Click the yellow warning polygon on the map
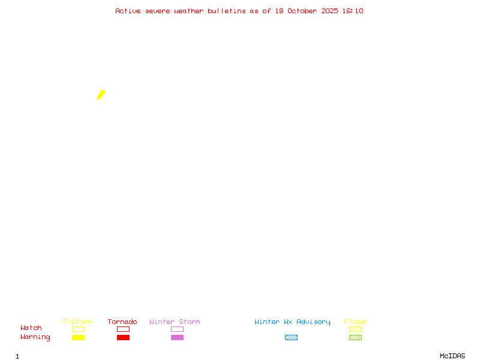(101, 94)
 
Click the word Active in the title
(128, 11)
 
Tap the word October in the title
(302, 11)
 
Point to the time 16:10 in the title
(353, 11)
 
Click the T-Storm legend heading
(77, 322)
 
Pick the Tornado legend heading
(122, 322)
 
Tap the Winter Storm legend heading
(175, 322)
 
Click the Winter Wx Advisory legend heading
(292, 322)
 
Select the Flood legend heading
(355, 322)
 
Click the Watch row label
(31, 328)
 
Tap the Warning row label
(35, 337)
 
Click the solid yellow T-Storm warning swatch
(78, 338)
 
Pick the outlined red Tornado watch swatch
(123, 329)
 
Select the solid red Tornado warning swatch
(123, 338)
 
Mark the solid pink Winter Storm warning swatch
(177, 338)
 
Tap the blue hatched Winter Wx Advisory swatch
(291, 338)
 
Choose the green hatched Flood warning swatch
(355, 338)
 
